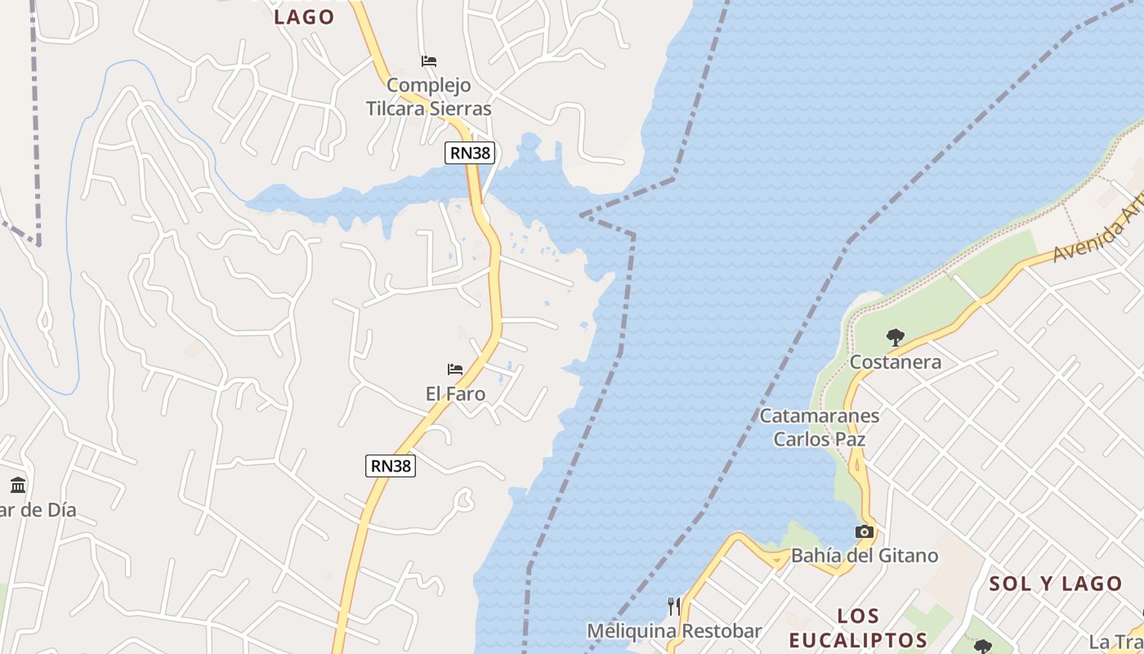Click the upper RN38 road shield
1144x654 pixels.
tap(470, 153)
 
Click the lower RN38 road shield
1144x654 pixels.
tap(391, 466)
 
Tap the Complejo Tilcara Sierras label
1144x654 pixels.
tap(428, 96)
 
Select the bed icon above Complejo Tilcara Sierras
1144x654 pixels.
tap(428, 61)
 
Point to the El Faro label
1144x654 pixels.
tap(455, 394)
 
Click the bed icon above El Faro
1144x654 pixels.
tap(455, 370)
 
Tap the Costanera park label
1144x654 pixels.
tap(896, 362)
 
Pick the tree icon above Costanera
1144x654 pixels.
tap(896, 336)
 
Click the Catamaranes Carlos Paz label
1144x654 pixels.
tap(820, 428)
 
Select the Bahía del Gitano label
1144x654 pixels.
tap(865, 557)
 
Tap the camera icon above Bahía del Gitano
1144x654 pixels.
tap(864, 532)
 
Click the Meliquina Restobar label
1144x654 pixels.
tap(674, 631)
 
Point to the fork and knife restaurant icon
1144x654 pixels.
tap(673, 606)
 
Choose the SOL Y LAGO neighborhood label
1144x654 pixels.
tap(1056, 584)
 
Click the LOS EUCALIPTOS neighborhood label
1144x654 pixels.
tap(858, 628)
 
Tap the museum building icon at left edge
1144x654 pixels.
tap(18, 485)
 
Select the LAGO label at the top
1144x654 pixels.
tap(304, 17)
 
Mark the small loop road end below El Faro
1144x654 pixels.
tap(466, 498)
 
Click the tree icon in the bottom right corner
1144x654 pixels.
tap(982, 647)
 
